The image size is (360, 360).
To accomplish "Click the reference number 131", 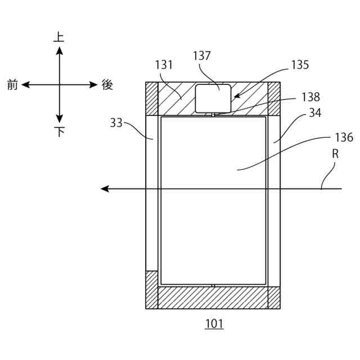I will pos(164,65).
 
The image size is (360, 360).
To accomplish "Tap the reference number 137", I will pos(201,56).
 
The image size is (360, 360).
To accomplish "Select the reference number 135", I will pos(300,65).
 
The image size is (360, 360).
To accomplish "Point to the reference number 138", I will pos(310,97).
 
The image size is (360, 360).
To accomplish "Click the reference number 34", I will pos(315,114).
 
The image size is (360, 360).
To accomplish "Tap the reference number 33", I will pos(116,122).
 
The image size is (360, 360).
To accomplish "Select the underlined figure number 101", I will pos(214,324).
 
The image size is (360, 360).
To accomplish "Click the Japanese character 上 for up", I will pos(59,37).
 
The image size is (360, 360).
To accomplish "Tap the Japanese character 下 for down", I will pos(59,132).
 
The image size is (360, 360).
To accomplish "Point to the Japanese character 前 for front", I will pos(12,85).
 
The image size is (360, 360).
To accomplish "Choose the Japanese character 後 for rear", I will pos(107,85).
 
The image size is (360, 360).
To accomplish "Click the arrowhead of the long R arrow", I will pos(105,188).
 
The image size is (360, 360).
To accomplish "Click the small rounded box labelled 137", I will pos(213,98).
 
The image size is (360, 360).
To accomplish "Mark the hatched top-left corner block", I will pos(151,98).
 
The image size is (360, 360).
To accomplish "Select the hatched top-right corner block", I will pos(274,98).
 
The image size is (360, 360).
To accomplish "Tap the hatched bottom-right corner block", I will pos(274,298).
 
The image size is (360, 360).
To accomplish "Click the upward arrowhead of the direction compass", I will pos(59,51).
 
